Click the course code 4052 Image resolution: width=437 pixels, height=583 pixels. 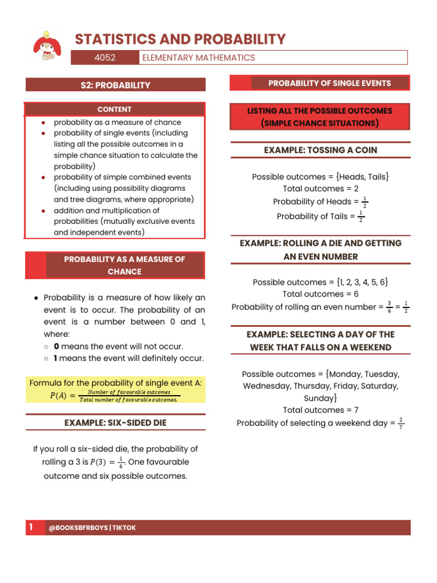pos(105,58)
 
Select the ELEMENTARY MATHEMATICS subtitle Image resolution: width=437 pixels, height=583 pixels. pos(199,58)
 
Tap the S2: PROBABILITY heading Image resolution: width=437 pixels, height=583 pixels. pos(115,85)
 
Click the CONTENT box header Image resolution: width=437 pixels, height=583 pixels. pos(114,109)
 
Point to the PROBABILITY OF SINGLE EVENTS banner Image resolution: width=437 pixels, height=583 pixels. pos(329,83)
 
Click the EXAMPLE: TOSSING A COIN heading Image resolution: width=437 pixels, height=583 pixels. pos(320,150)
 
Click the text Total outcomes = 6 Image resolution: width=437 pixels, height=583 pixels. pos(320,294)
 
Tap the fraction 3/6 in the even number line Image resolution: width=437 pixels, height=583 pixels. pos(389,307)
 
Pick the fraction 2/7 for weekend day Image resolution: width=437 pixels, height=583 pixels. pos(401,423)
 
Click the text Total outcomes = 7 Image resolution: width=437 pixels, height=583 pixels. pos(320,410)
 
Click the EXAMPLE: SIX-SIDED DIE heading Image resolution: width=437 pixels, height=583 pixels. pos(115,423)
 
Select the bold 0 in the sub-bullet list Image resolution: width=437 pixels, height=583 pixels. pos(56,346)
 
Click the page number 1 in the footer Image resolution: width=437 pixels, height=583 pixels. pos(31,528)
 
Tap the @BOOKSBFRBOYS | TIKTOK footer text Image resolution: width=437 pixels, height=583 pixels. pos(92,528)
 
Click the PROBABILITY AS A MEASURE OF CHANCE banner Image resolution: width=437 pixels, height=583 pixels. pos(124,265)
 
